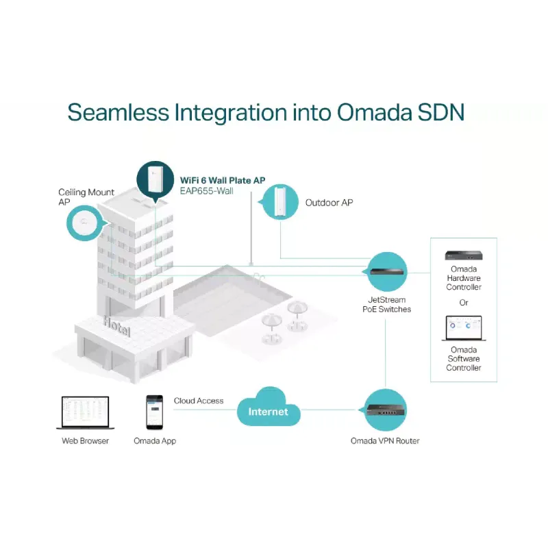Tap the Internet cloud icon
269,407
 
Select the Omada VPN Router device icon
385,410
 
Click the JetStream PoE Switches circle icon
386,271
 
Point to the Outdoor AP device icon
279,202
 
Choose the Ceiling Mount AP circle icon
85,223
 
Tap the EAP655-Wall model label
207,191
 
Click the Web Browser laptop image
85,412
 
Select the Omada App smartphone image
155,412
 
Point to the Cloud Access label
199,401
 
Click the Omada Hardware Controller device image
464,256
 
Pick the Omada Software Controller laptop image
464,328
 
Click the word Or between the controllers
464,303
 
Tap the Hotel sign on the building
116,326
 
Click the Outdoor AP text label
329,203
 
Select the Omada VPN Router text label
385,441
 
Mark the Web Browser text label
85,441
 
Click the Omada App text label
155,441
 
